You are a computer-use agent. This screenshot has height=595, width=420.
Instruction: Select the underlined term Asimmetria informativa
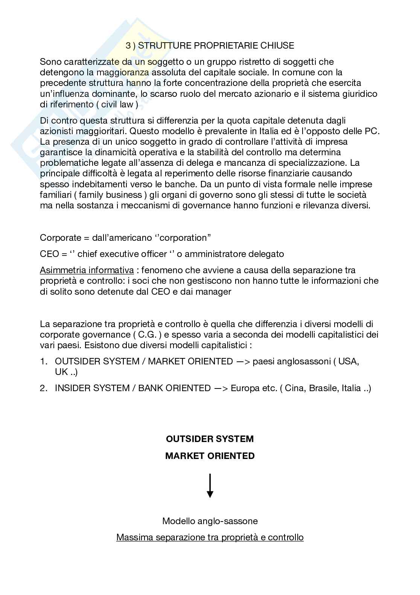(87, 270)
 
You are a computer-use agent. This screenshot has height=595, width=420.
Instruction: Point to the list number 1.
(43, 361)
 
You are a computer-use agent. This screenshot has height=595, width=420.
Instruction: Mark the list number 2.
(43, 388)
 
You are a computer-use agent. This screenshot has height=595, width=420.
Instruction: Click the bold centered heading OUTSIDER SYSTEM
(210, 439)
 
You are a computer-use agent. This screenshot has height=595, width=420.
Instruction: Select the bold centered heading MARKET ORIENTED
(210, 456)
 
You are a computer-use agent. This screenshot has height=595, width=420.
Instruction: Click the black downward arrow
(210, 486)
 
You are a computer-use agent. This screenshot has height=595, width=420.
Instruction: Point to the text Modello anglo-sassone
(210, 521)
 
